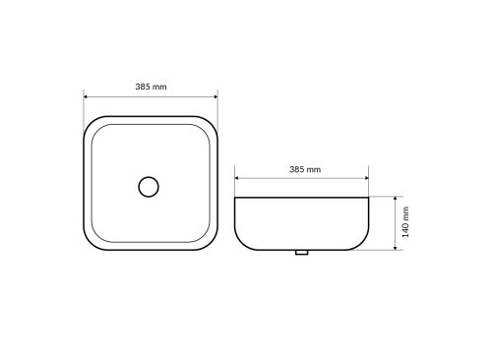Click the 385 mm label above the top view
pyautogui.click(x=151, y=87)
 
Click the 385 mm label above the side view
pyautogui.click(x=305, y=169)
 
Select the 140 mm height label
pyautogui.click(x=405, y=222)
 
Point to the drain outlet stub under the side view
pyautogui.click(x=301, y=252)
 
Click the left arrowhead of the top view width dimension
pyautogui.click(x=86, y=96)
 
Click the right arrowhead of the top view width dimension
pyautogui.click(x=215, y=96)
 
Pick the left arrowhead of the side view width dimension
pyautogui.click(x=237, y=178)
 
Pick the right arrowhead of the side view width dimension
pyautogui.click(x=366, y=178)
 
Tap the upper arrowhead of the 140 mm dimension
pyautogui.click(x=396, y=199)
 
